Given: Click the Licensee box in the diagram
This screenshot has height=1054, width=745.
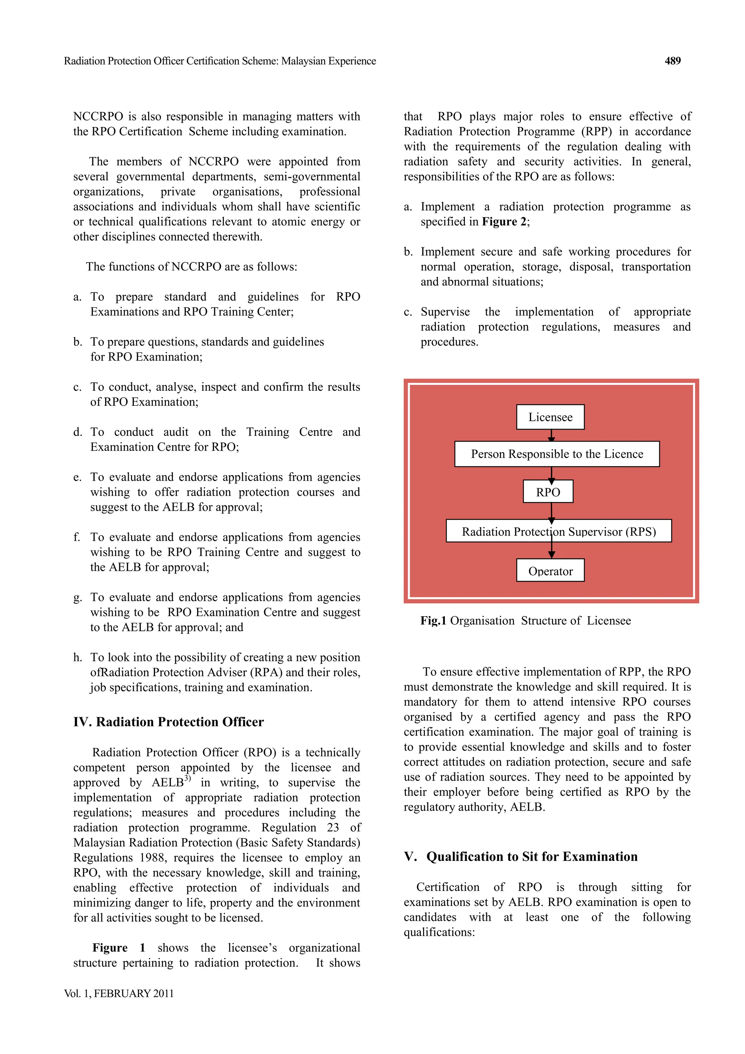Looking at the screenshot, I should coord(550,417).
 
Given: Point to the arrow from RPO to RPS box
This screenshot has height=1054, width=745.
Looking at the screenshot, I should coord(551,512).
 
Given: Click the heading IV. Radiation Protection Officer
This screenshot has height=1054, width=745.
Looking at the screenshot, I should coord(168,722).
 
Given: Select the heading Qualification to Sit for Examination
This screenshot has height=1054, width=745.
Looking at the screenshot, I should coord(531,856).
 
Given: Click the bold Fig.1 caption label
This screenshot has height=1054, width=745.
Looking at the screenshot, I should coord(433,621).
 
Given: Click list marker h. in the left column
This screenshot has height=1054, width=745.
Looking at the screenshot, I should coord(77,657).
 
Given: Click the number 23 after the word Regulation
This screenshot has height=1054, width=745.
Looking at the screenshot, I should coord(333,827).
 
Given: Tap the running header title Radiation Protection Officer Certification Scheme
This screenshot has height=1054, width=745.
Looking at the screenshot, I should coord(219,61).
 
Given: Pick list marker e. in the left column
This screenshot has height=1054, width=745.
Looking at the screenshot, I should coord(77,477).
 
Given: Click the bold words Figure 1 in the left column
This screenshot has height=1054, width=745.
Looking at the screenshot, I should coord(119,948).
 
